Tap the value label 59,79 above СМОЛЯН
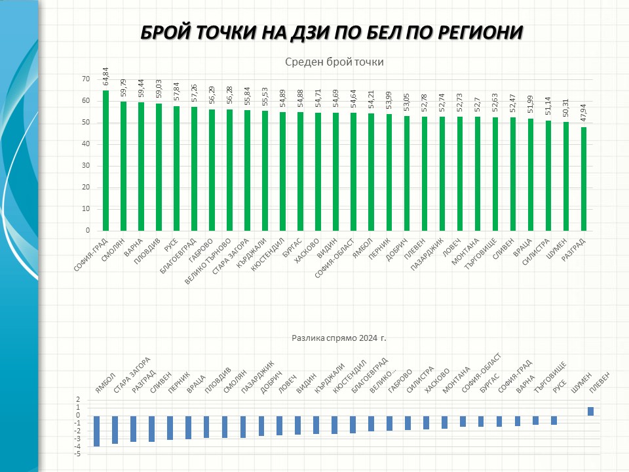click(123, 89)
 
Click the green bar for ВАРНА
click(141, 167)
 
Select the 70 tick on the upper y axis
click(85, 79)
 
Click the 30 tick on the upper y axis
click(85, 166)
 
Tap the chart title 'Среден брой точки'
click(334, 62)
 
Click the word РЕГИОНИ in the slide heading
click(472, 33)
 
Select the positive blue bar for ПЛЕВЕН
click(590, 411)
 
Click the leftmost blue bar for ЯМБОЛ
click(96, 431)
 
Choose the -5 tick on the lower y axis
click(78, 454)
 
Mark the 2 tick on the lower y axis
click(78, 400)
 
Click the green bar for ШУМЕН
click(566, 176)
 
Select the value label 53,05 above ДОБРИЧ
click(407, 104)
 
